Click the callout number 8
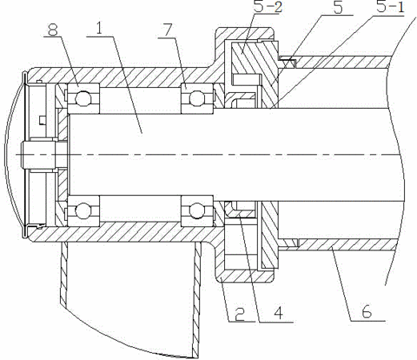coord(52,30)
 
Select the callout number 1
coord(98,28)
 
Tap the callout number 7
coord(167,30)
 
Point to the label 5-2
coord(267,6)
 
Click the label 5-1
coord(391,7)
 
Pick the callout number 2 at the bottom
coord(239,314)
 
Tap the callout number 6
coord(367,311)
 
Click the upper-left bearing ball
coord(82,98)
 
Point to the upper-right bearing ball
coord(197,98)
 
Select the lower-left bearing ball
coord(82,210)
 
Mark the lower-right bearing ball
coord(197,210)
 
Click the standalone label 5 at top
coord(338,7)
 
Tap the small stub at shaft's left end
coord(38,154)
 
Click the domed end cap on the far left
coord(14,154)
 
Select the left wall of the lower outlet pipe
coord(64,274)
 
